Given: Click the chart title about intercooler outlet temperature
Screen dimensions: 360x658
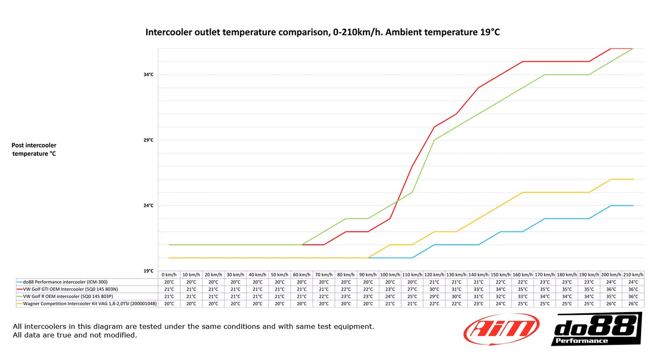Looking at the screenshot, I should coord(322,32).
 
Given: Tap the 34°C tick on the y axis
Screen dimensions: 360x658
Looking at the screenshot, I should coord(148,74).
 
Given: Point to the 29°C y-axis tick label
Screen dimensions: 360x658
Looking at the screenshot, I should coord(148,140).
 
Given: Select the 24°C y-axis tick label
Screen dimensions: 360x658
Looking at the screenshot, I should coord(148,205).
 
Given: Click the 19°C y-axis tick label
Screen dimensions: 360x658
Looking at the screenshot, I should coord(148,271).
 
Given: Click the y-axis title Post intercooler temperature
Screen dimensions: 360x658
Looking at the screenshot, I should coord(34,149).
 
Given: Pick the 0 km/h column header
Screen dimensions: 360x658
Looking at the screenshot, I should coord(169,275).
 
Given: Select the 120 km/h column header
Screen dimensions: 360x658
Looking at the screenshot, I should coord(434,275).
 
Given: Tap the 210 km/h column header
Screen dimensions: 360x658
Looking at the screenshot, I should coord(633,275).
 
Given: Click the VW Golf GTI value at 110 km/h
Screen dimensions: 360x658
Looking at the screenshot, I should coord(412,289).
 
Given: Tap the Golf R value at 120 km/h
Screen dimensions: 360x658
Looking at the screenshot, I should coord(434,296).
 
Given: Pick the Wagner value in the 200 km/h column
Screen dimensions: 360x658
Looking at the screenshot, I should coord(611,304).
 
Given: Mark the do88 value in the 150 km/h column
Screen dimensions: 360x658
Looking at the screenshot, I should coord(500,282).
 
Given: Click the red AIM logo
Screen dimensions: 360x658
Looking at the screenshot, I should coord(501,329).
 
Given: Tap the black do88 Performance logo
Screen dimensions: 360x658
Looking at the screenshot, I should coord(597,329).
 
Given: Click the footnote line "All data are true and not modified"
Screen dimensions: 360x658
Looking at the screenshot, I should coord(75,335).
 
